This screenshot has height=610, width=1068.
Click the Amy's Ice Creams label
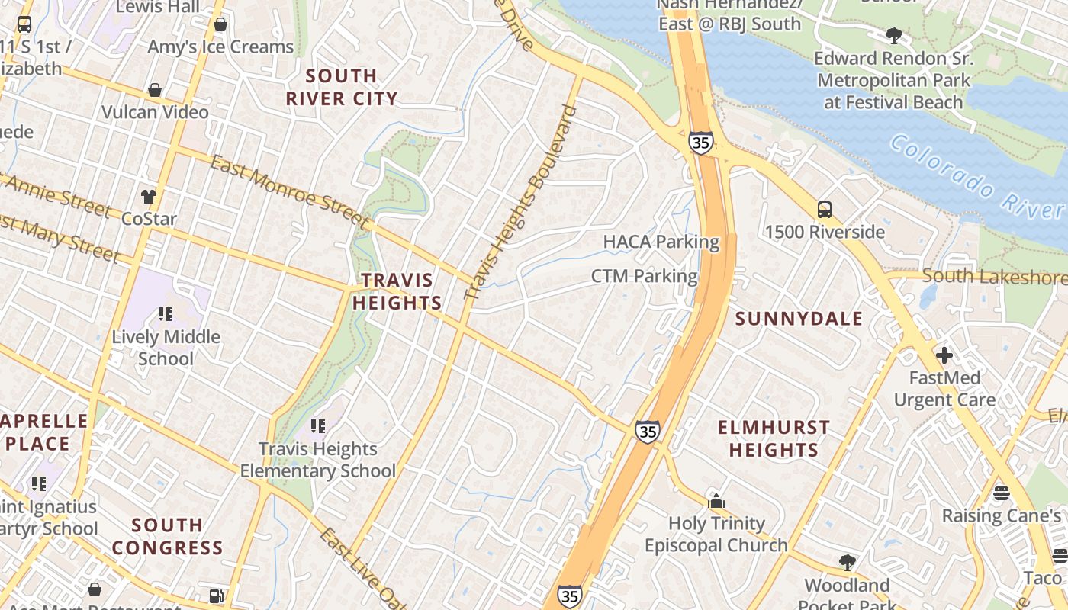(220, 47)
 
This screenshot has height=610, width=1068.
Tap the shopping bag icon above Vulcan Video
(155, 91)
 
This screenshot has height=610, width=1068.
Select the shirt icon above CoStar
(149, 197)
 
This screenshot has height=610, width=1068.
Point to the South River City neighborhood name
(342, 87)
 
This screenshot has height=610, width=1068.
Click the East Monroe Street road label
(290, 191)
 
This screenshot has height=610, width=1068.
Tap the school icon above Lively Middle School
(166, 313)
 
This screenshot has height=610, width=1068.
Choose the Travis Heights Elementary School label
(318, 460)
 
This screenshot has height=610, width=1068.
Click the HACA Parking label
(661, 242)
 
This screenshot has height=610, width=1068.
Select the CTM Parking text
(644, 276)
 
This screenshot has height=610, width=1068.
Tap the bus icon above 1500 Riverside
(824, 210)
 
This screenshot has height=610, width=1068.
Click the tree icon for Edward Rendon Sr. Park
(893, 35)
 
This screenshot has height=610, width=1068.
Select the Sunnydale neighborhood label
(799, 319)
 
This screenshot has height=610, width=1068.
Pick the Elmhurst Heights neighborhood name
(774, 438)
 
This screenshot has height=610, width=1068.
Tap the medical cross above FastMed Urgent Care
(944, 355)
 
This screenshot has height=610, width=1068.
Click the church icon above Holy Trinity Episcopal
(716, 502)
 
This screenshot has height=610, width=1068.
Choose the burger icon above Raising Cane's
(1002, 493)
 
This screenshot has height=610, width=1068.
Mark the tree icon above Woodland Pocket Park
(847, 563)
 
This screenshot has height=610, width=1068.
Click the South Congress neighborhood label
(167, 536)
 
